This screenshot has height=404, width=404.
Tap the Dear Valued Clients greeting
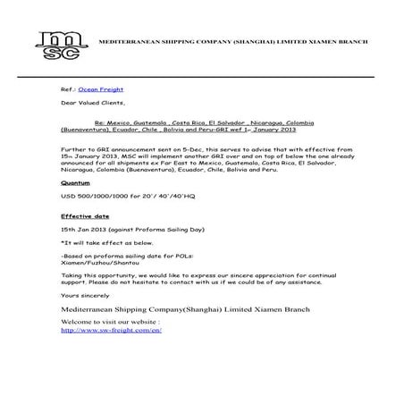click(88, 104)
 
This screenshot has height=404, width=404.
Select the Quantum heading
click(76, 182)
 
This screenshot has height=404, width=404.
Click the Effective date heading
click(84, 215)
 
